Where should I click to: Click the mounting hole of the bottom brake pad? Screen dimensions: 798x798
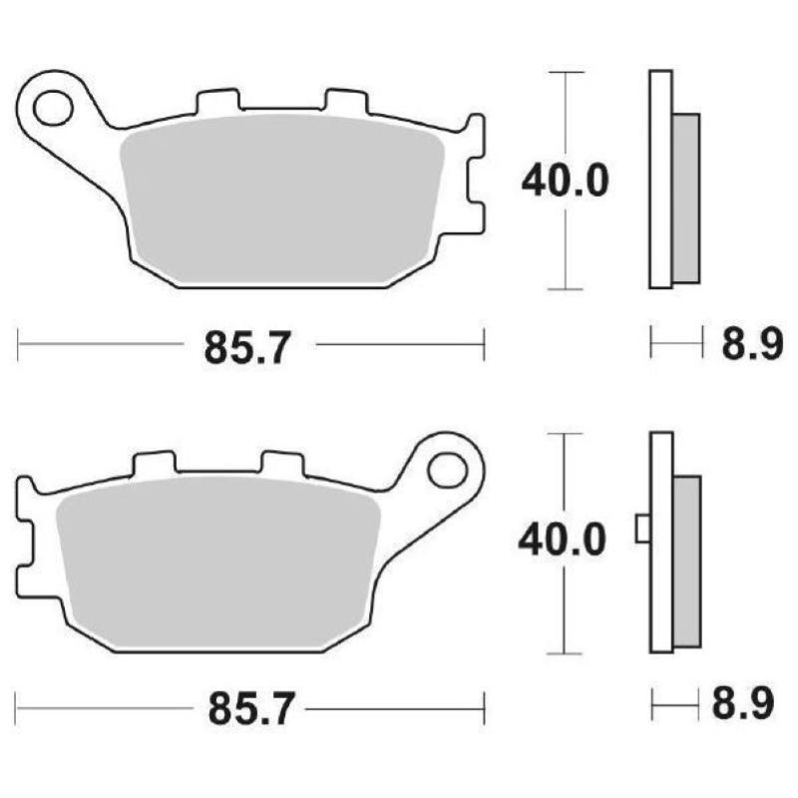[x=448, y=468]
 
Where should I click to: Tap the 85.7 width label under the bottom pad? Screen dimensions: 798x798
[x=251, y=709]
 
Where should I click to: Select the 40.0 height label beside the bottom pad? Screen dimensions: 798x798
[x=561, y=542]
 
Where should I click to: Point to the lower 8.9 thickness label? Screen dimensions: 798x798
[x=743, y=705]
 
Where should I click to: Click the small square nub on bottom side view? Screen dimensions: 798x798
[x=643, y=529]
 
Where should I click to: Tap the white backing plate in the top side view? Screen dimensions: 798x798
[x=660, y=180]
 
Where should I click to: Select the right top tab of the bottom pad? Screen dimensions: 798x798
[x=280, y=465]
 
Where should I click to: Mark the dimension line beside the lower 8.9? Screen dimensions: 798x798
[x=672, y=705]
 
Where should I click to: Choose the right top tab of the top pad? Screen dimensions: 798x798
[x=343, y=103]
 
